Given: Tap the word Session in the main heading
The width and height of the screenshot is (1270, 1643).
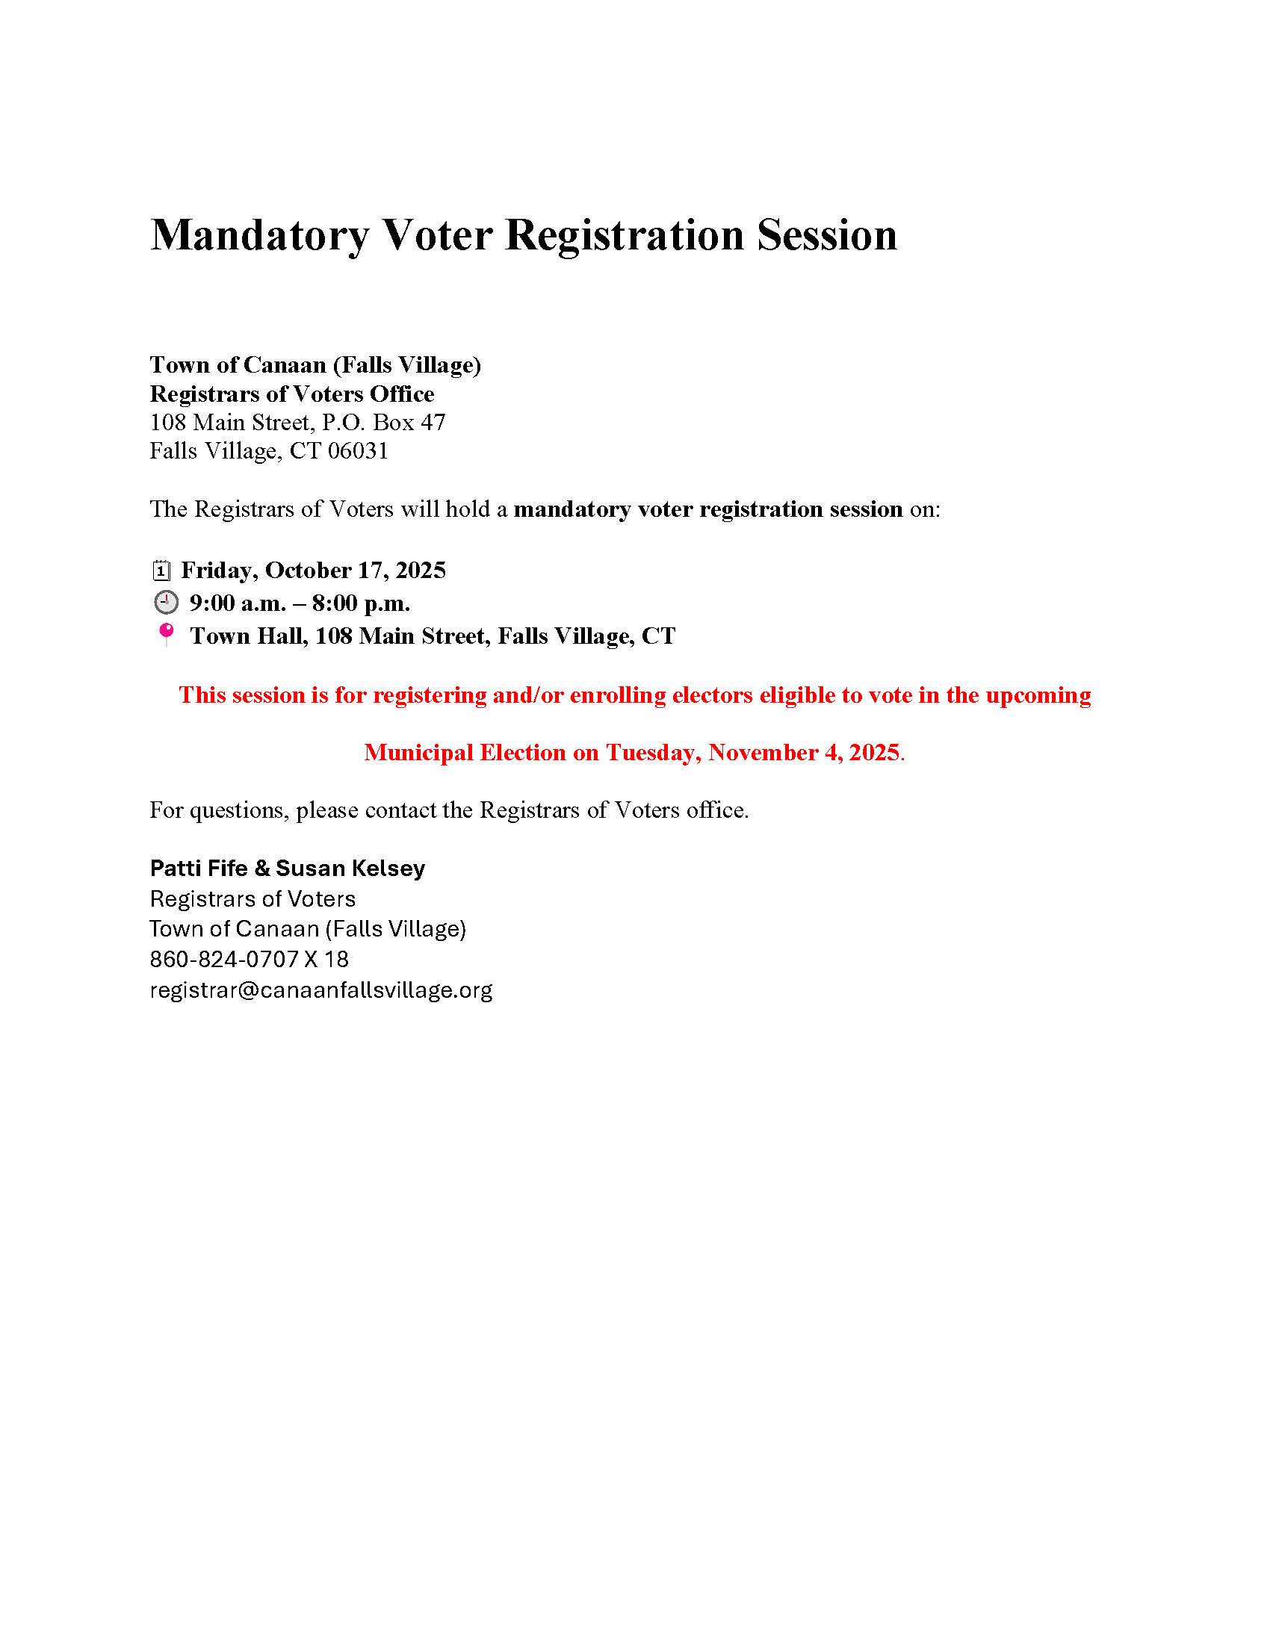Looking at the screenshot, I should pos(826,235).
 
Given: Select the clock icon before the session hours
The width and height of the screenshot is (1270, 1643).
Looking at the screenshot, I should pos(166,603).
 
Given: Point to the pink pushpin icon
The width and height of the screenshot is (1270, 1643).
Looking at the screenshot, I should pos(166,633).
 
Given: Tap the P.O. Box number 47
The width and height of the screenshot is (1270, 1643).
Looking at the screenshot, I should pos(433,422).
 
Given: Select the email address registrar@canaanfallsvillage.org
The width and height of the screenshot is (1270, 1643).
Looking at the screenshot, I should pos(320,990).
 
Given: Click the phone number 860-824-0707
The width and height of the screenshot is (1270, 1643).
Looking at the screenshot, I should pos(224,959).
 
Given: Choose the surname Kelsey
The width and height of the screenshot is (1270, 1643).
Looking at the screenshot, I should pos(389,868).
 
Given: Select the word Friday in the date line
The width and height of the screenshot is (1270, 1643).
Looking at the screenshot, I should pos(219,571).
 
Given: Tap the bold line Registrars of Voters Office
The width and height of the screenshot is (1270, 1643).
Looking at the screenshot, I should pos(292,394).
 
